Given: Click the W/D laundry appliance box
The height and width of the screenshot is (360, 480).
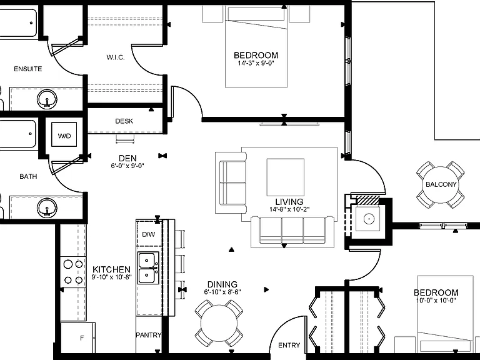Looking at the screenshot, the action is click(64, 134).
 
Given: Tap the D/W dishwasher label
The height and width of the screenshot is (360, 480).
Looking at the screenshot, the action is click(149, 234).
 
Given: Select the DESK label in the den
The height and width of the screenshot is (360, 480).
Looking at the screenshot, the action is click(124, 121).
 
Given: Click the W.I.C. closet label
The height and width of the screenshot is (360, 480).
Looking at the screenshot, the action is click(116, 57).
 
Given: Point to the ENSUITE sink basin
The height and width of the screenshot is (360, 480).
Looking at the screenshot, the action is click(47, 99).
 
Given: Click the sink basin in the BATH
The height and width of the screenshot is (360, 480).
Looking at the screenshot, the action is click(47, 207).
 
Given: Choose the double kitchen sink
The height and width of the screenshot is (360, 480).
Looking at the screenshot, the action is click(148, 268).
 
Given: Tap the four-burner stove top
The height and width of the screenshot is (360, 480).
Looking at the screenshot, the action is click(73, 272).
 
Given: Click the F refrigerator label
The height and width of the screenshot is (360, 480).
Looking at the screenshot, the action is click(82, 338).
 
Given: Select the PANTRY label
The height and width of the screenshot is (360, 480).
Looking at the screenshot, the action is click(149, 335).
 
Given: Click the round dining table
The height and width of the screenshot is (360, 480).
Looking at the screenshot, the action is click(219, 323).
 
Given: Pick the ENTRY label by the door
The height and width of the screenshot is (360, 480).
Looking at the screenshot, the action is click(289, 345).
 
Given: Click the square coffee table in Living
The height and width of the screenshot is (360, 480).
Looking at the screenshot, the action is click(285, 177).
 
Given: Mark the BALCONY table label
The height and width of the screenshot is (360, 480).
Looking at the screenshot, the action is click(441, 184).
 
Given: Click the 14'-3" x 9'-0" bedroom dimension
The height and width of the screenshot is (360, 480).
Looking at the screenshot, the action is click(256, 63).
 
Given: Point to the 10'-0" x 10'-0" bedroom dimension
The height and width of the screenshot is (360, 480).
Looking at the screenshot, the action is click(436, 300).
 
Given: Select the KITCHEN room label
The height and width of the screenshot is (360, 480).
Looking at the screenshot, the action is click(111, 270).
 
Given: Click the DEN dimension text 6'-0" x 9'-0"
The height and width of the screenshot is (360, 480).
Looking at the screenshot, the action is click(127, 166).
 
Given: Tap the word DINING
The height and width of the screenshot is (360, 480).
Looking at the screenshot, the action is click(222, 284).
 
